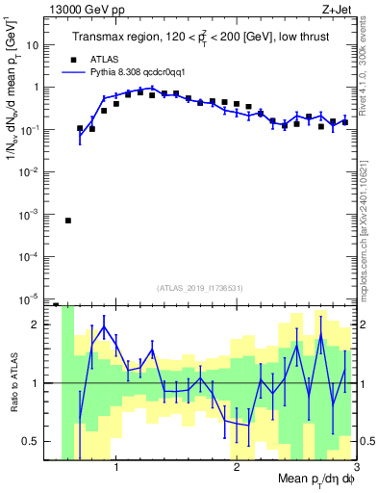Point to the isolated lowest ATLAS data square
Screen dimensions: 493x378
coord(67,221)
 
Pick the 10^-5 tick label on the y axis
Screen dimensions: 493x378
coord(34,298)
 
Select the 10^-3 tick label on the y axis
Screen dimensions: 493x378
coord(34,214)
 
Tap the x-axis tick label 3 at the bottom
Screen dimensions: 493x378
coord(356,469)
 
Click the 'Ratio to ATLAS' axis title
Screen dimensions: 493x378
coord(13,382)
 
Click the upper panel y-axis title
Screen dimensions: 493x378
coord(13,106)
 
